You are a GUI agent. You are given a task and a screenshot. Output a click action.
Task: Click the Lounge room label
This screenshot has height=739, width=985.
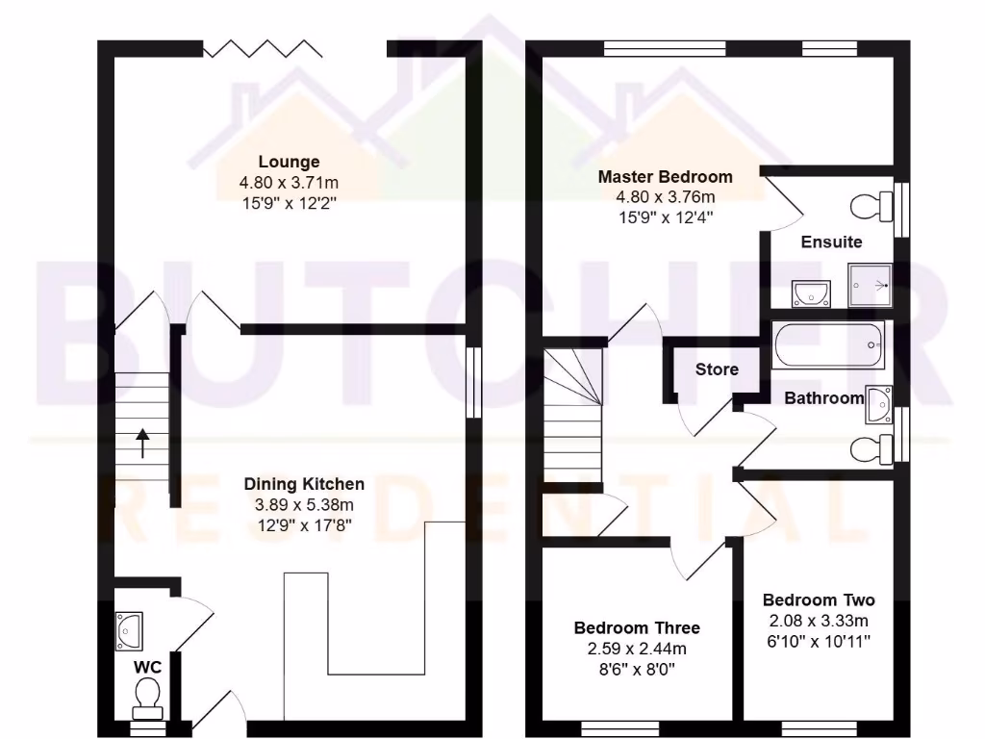(x=288, y=162)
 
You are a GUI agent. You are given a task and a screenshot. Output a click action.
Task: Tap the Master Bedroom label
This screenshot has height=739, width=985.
(x=665, y=177)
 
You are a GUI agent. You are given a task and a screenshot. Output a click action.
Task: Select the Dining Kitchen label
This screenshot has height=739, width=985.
(x=303, y=484)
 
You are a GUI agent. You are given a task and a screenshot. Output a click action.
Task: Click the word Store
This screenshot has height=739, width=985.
(x=717, y=369)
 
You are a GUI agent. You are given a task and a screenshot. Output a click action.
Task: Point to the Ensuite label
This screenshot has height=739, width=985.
(x=831, y=242)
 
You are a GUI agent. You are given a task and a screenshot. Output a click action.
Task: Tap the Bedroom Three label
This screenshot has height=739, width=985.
(x=637, y=628)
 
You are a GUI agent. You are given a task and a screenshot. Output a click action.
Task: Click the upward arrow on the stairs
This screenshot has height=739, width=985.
(x=142, y=443)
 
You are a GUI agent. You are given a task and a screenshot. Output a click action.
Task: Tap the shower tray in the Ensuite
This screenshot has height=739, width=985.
(x=871, y=285)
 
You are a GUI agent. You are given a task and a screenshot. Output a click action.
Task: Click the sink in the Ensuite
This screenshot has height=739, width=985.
(x=812, y=292)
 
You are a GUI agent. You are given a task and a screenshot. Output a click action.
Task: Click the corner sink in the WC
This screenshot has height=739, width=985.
(x=128, y=630)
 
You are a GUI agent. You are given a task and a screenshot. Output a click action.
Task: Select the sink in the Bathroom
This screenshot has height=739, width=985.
(x=879, y=404)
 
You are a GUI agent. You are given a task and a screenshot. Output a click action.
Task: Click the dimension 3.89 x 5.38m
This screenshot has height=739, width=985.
(x=303, y=504)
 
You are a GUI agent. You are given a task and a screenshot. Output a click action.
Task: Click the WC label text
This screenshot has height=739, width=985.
(x=146, y=666)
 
